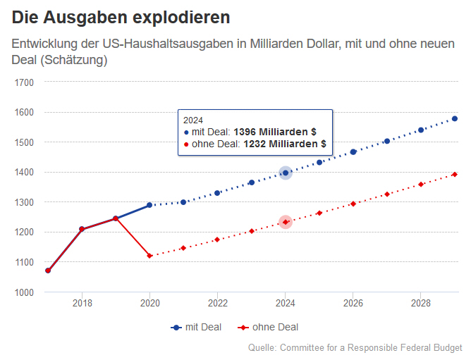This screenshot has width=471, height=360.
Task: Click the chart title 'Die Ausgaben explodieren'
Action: [x=121, y=15]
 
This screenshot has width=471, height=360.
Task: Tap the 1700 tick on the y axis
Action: [x=25, y=82]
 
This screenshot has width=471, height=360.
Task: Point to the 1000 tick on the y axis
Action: [x=25, y=292]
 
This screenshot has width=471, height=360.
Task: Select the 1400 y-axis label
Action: [x=25, y=172]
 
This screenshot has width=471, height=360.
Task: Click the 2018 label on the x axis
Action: [x=82, y=304]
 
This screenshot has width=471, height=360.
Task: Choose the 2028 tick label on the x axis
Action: [x=420, y=304]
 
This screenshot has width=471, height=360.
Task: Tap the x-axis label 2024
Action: [x=285, y=304]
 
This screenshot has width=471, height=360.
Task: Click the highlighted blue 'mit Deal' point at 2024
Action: [x=286, y=173]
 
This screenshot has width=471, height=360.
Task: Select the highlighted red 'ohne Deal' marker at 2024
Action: [x=286, y=222]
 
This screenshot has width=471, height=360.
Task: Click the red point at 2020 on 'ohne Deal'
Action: [x=149, y=256]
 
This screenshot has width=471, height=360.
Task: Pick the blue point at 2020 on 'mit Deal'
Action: [x=149, y=205]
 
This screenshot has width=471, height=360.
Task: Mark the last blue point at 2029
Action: [x=455, y=118]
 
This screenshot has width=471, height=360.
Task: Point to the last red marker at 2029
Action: [x=455, y=175]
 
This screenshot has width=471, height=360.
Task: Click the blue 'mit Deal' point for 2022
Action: [x=217, y=193]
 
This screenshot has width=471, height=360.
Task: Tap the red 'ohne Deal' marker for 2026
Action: [x=353, y=204]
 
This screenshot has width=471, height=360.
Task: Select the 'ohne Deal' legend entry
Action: [x=267, y=327]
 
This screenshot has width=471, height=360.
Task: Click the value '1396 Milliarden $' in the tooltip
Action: [x=274, y=132]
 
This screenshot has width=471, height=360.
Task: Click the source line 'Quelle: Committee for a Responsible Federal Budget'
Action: [x=355, y=348]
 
